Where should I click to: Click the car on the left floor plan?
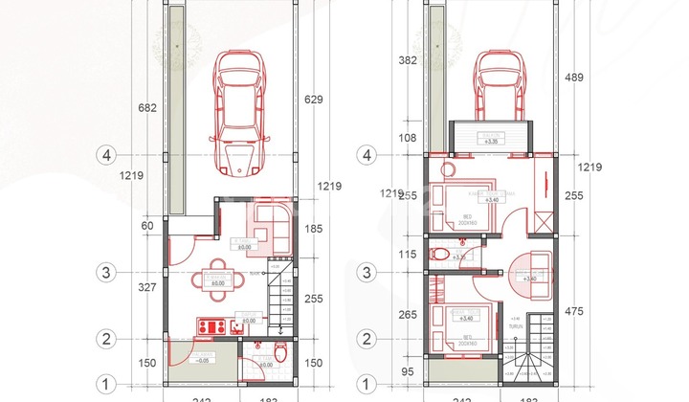239,113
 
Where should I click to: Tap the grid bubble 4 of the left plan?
107,154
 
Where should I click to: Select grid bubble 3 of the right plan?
365,272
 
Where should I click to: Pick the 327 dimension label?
146,287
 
